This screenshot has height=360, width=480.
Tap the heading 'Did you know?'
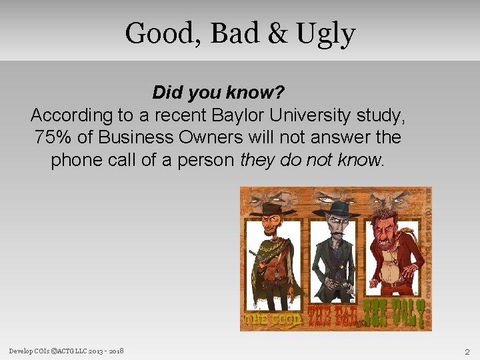pos(218,91)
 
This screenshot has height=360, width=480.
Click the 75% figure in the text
pos(52,137)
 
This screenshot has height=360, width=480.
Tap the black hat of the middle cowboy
pos(336,208)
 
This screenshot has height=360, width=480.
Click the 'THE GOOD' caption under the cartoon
pos(273,318)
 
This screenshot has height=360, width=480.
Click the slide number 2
pos(467,351)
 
